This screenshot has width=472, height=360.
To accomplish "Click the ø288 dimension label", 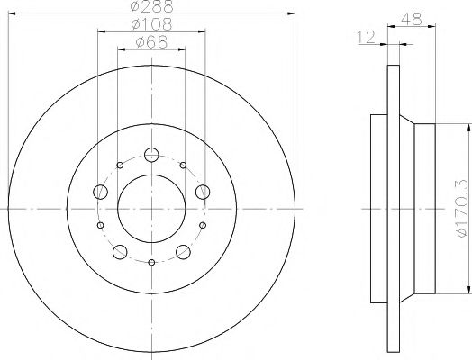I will (x=151, y=7).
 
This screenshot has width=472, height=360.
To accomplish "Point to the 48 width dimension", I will (x=413, y=17).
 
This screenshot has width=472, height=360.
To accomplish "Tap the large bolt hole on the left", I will (x=99, y=191).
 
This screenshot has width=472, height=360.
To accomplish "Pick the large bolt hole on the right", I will (x=204, y=191).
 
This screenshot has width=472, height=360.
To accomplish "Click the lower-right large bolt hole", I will (x=184, y=251).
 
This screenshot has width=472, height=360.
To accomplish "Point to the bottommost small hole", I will (x=151, y=262).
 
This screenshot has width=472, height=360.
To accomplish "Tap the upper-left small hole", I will (x=120, y=166).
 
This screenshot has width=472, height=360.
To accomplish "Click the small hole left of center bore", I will (x=101, y=225).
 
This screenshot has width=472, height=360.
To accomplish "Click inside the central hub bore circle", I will (x=151, y=208).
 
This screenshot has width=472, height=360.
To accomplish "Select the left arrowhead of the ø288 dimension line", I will (x=11, y=13).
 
